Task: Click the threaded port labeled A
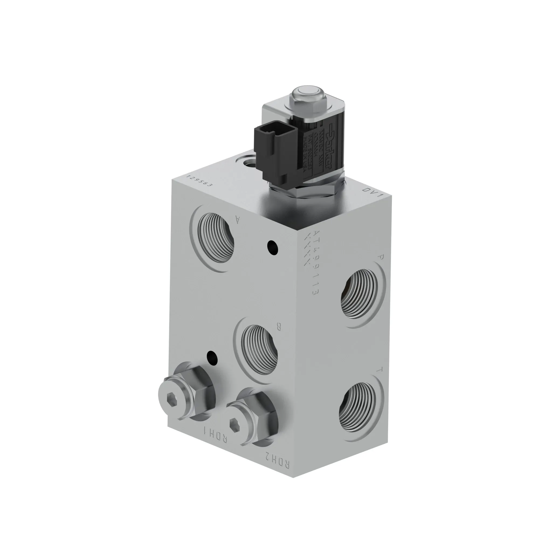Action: pos(215,239)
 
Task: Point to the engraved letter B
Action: pos(278,326)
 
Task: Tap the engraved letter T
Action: pos(379,371)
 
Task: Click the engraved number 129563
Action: pos(199,181)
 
